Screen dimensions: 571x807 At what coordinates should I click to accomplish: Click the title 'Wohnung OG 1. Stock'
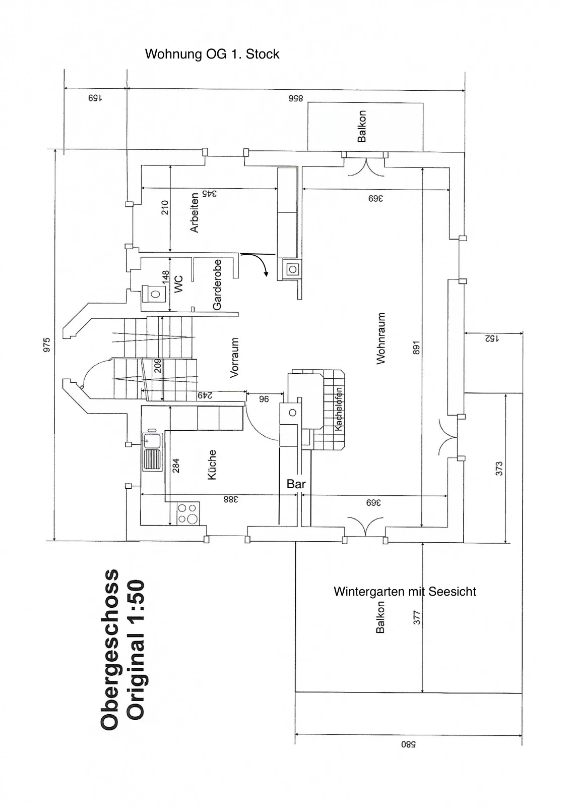click(x=212, y=54)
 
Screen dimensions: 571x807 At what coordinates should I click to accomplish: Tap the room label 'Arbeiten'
click(x=194, y=212)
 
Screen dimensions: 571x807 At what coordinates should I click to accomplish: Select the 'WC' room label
click(x=178, y=284)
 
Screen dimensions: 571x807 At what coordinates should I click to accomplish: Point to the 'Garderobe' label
click(x=217, y=284)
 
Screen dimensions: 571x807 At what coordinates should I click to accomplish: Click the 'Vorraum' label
click(x=234, y=358)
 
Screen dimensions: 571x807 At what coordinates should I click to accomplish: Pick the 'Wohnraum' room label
click(x=381, y=338)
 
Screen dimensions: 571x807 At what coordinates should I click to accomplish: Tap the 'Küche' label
click(x=212, y=465)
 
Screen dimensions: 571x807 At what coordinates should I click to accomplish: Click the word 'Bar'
click(x=296, y=484)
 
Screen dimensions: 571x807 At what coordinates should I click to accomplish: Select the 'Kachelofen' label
click(x=339, y=409)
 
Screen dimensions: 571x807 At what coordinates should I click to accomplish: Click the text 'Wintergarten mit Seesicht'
click(x=405, y=591)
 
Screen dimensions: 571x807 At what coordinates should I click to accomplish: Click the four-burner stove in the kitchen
click(x=188, y=513)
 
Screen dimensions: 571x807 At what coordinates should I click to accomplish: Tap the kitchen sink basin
click(x=152, y=440)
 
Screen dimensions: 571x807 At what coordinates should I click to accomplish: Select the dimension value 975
click(x=47, y=345)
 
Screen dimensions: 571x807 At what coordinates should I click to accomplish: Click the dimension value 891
click(x=416, y=348)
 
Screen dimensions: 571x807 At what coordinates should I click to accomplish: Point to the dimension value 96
click(x=264, y=399)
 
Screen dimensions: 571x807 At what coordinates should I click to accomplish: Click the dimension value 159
click(x=95, y=98)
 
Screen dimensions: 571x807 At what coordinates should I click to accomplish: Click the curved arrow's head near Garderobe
click(x=266, y=274)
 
